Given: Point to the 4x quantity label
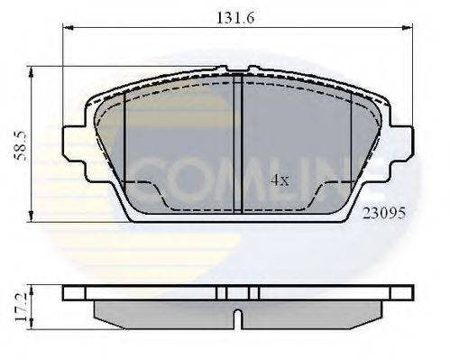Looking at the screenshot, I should [280, 180].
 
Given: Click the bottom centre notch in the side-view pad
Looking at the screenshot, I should [236, 318].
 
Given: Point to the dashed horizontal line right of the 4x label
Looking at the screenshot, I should [338, 182].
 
